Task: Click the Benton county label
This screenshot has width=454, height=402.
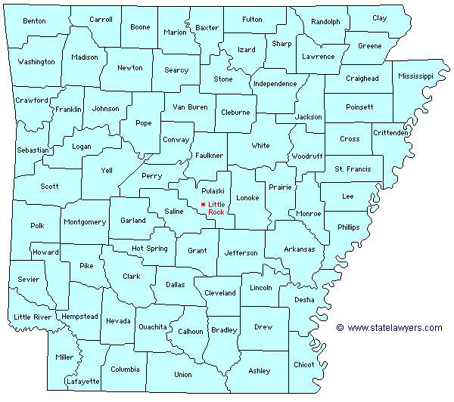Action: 34,20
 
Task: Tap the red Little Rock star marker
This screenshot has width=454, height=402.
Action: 203,205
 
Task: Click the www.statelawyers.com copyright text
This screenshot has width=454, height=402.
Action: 390,328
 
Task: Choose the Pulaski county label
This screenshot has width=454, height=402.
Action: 212,191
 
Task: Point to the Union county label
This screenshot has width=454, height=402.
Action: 182,374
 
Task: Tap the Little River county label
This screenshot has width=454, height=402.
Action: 32,317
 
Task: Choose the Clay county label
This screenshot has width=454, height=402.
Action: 379,17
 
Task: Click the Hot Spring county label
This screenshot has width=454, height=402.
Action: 150,248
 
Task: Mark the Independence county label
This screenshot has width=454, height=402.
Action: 275,84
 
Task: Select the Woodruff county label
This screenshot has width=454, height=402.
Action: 306,156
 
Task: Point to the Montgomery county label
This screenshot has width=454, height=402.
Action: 85,222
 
